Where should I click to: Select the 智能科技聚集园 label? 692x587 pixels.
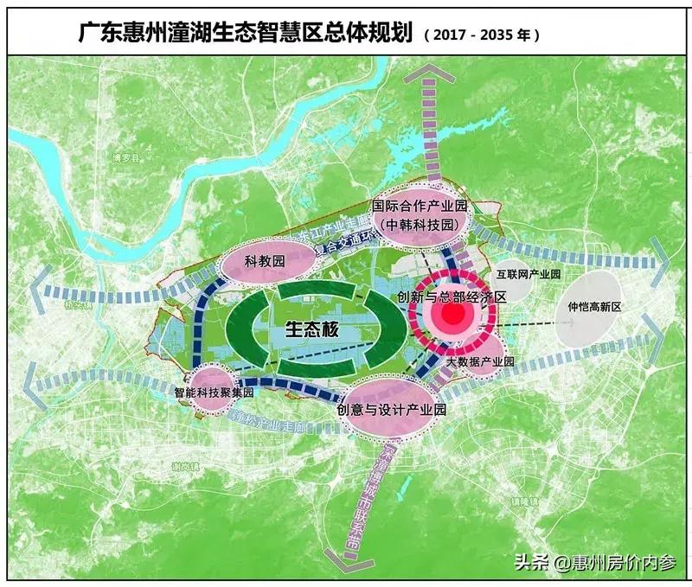tap(212, 392)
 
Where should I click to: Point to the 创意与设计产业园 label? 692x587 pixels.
tap(392, 409)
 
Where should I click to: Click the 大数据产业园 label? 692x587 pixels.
tap(480, 361)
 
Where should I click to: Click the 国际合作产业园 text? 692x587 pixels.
tap(420, 206)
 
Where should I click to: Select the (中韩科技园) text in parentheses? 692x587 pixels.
tap(420, 223)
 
